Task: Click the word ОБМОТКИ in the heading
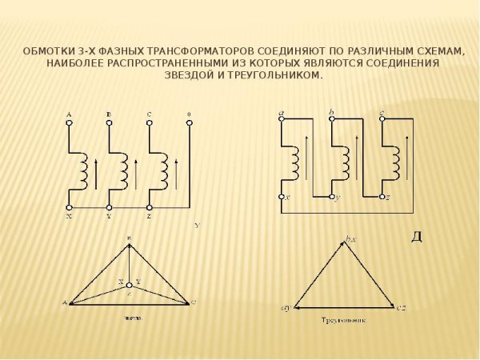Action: (48, 50)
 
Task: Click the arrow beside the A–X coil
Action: (95, 172)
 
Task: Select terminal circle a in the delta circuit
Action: (282, 121)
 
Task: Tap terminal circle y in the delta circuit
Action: (332, 196)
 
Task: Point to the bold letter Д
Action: (416, 237)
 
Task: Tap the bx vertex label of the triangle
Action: (350, 238)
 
